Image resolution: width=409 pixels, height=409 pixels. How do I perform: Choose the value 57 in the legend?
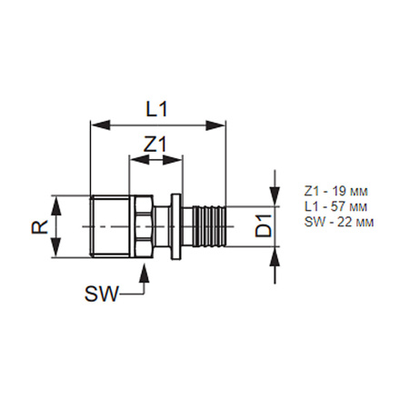tap(327, 206)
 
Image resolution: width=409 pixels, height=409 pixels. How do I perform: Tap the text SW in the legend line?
tap(309, 221)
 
